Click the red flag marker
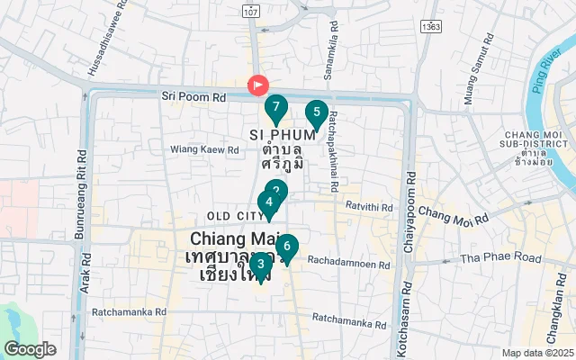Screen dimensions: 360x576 point(257,85)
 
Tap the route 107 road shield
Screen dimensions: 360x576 point(251,11)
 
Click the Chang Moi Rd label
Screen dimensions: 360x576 point(453,216)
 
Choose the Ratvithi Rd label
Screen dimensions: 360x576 point(369,208)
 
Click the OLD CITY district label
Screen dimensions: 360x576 point(232,216)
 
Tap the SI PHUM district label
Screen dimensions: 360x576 point(280,134)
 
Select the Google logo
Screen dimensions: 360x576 point(30,348)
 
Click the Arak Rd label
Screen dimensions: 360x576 point(85,269)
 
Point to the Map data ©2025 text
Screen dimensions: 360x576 point(537,353)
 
